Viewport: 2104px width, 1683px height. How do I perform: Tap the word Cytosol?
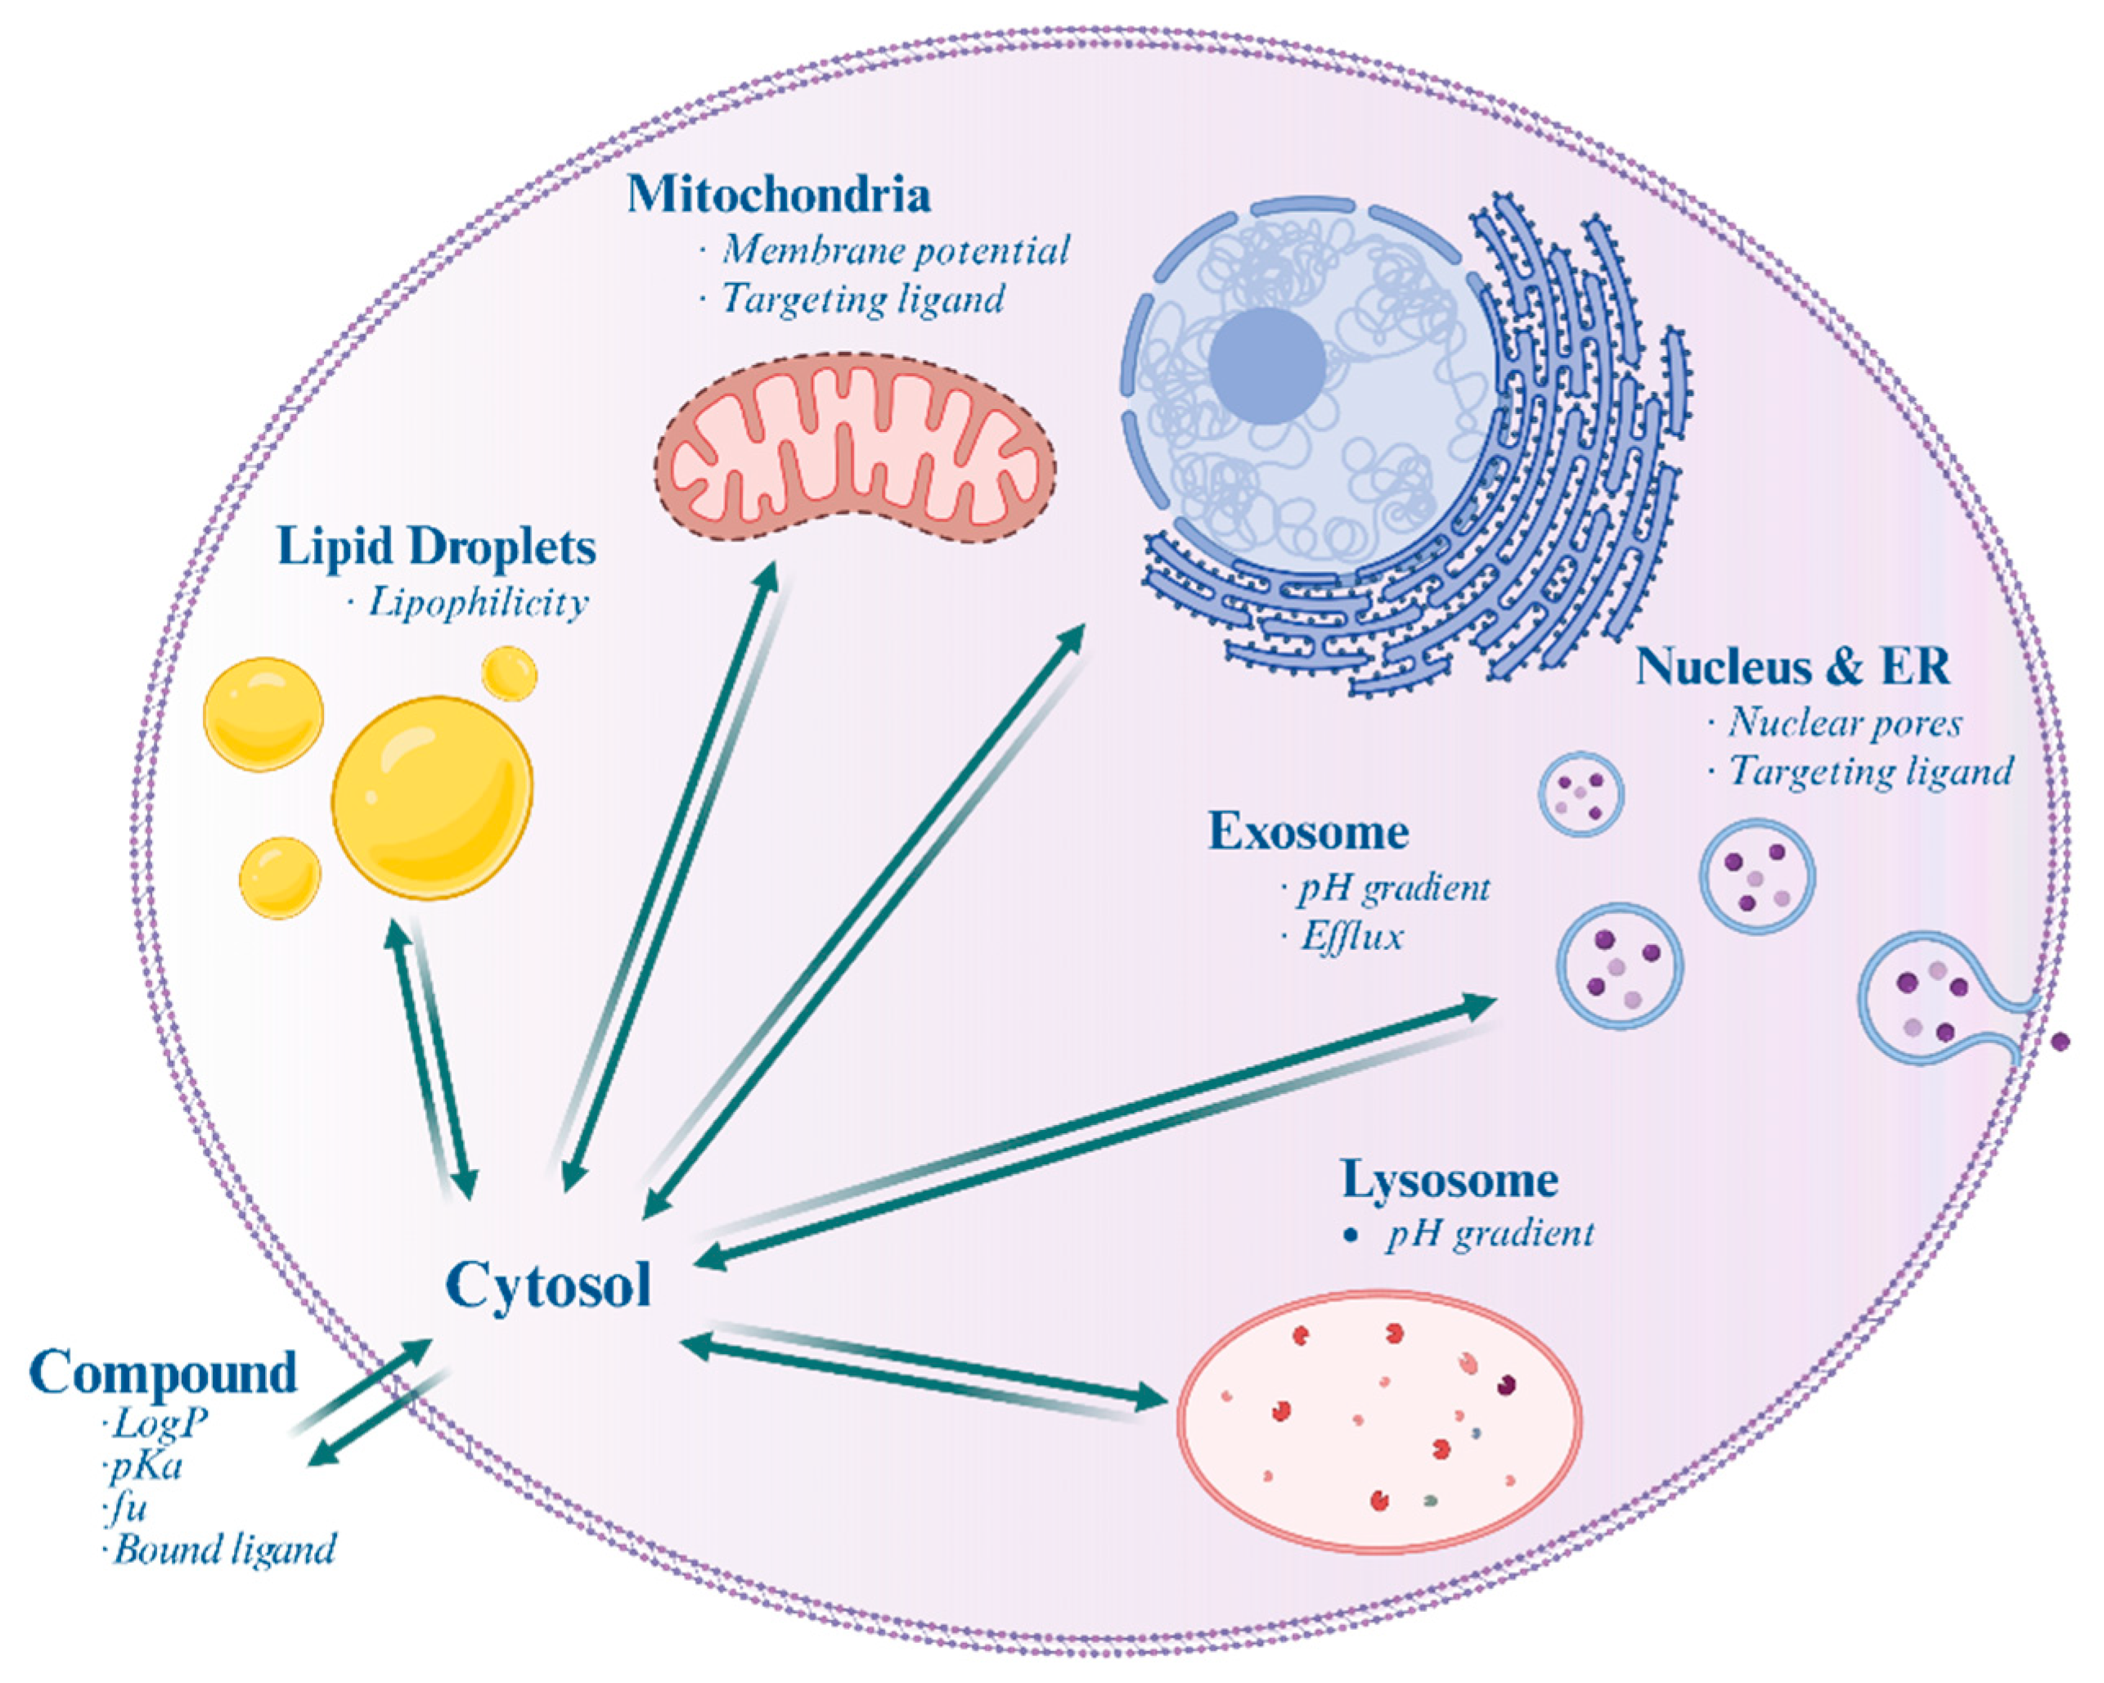point(548,1285)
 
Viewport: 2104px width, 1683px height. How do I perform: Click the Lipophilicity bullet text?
point(477,602)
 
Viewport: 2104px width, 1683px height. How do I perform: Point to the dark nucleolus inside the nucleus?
point(1266,365)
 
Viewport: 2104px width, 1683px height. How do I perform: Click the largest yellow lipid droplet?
point(432,798)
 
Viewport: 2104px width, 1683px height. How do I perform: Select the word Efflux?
point(1351,937)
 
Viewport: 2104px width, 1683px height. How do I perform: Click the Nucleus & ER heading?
point(1792,668)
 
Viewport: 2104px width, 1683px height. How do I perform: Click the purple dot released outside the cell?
point(2060,1042)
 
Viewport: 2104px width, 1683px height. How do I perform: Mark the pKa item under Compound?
point(147,1466)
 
